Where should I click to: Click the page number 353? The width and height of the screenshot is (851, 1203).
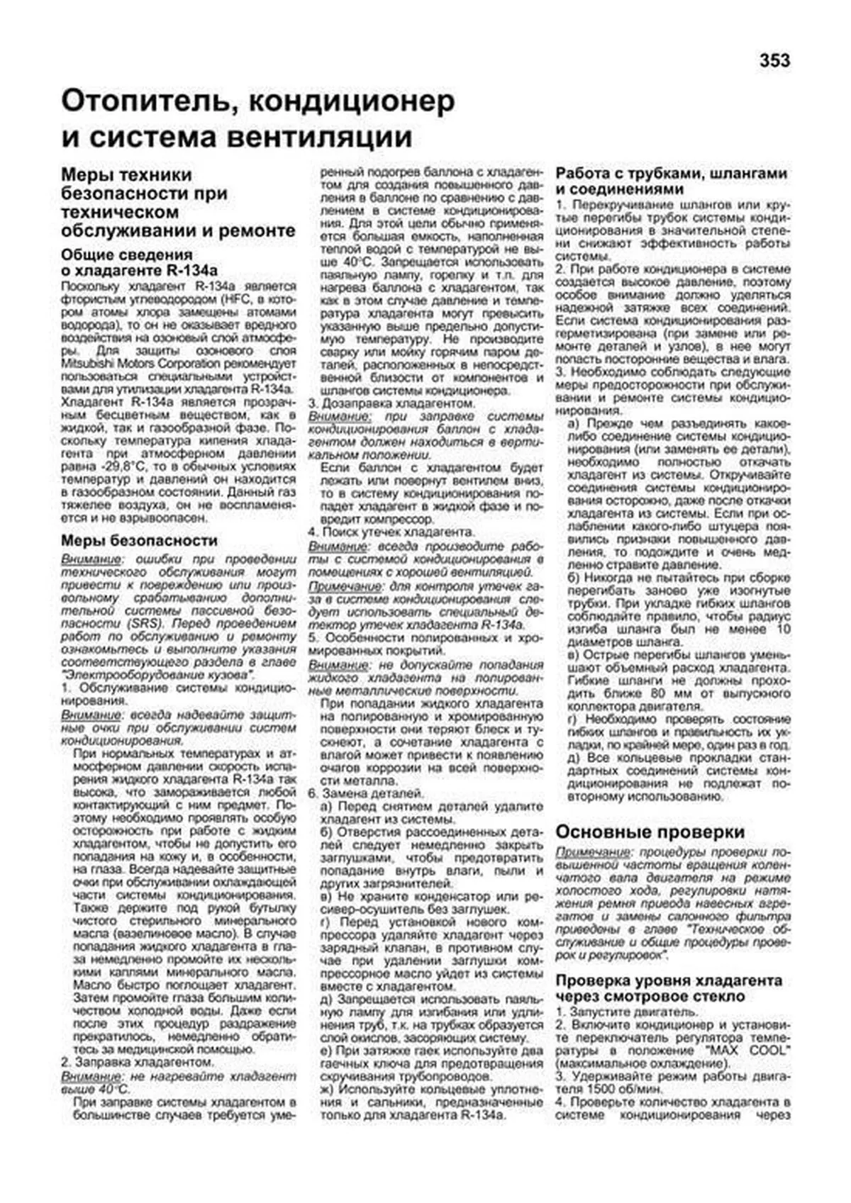pyautogui.click(x=774, y=62)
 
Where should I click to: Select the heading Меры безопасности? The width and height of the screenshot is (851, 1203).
pyautogui.click(x=139, y=541)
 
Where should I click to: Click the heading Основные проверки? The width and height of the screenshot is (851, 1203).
pyautogui.click(x=650, y=832)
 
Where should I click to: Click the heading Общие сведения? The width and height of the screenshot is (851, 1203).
pyautogui.click(x=126, y=254)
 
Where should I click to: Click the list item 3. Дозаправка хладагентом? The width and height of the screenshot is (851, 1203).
pyautogui.click(x=391, y=403)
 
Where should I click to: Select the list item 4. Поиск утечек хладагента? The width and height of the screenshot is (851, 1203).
pyautogui.click(x=391, y=532)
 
